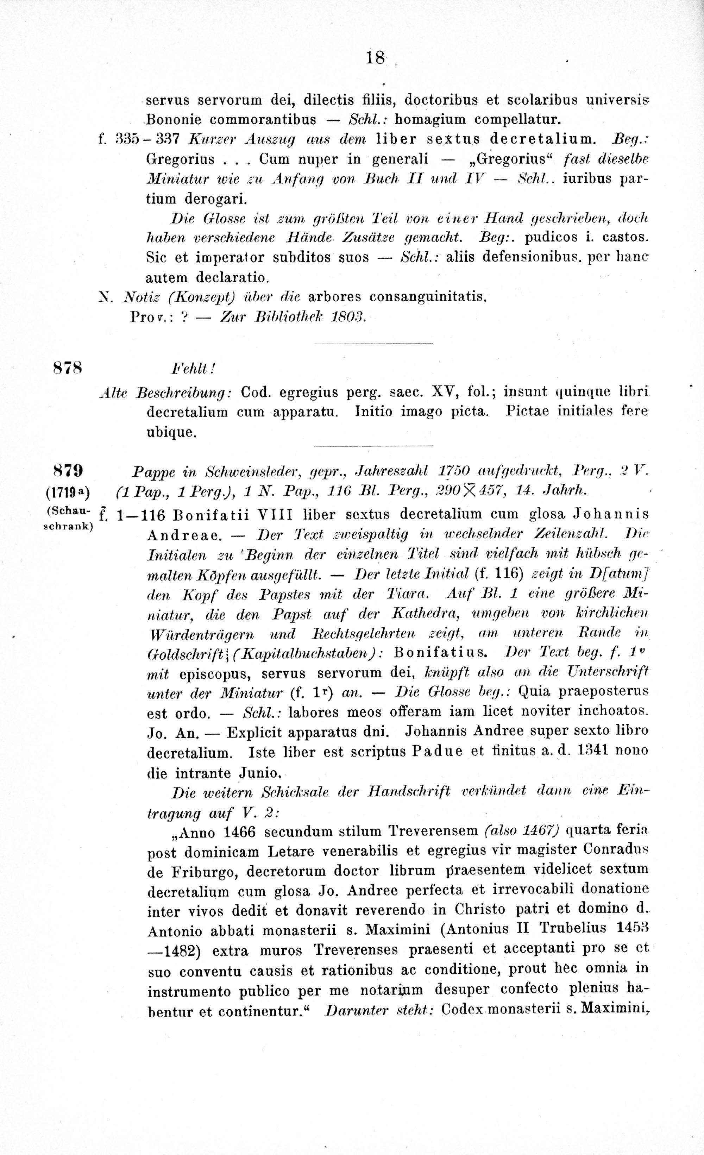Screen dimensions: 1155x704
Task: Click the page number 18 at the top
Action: click(x=376, y=58)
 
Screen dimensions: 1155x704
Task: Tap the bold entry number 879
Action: click(x=68, y=470)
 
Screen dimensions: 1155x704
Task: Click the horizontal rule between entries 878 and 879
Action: click(x=373, y=445)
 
